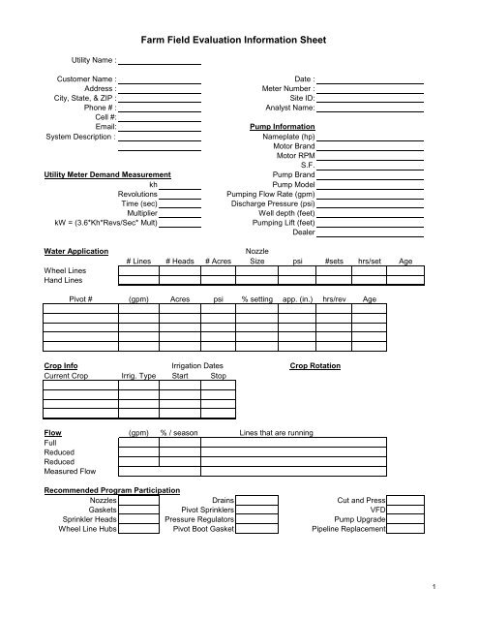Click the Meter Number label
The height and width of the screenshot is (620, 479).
click(285, 88)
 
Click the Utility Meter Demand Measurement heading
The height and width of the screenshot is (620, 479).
click(107, 174)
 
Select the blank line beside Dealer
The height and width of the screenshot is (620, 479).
click(371, 235)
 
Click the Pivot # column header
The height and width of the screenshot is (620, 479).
click(84, 300)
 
